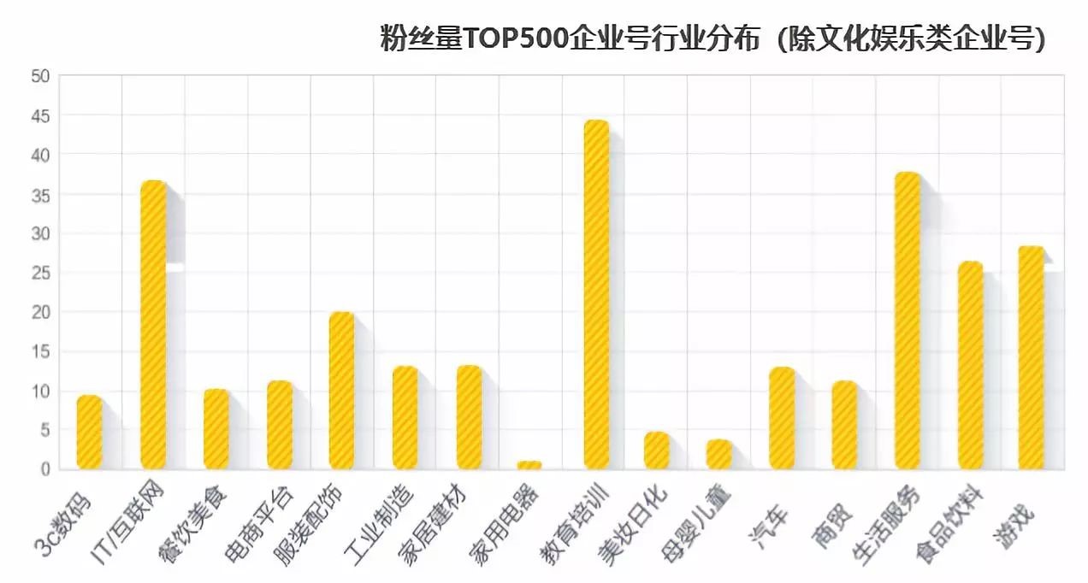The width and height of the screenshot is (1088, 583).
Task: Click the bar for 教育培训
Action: tap(596, 295)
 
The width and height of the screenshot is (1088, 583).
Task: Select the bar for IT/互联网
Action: tap(153, 325)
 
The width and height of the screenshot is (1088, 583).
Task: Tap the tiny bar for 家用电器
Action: tap(529, 465)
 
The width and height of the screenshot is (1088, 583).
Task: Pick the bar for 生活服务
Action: tap(908, 321)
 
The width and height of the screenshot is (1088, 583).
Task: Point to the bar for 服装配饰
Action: tap(342, 391)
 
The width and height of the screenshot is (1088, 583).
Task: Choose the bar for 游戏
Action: tap(1032, 357)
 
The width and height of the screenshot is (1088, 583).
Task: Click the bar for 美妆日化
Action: tap(657, 450)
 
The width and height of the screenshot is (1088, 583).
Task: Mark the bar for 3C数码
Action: tap(90, 433)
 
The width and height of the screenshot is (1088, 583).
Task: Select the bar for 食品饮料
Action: tap(971, 365)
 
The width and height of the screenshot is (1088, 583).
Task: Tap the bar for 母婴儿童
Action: tap(719, 454)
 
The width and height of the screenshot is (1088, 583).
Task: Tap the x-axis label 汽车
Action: tap(771, 514)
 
